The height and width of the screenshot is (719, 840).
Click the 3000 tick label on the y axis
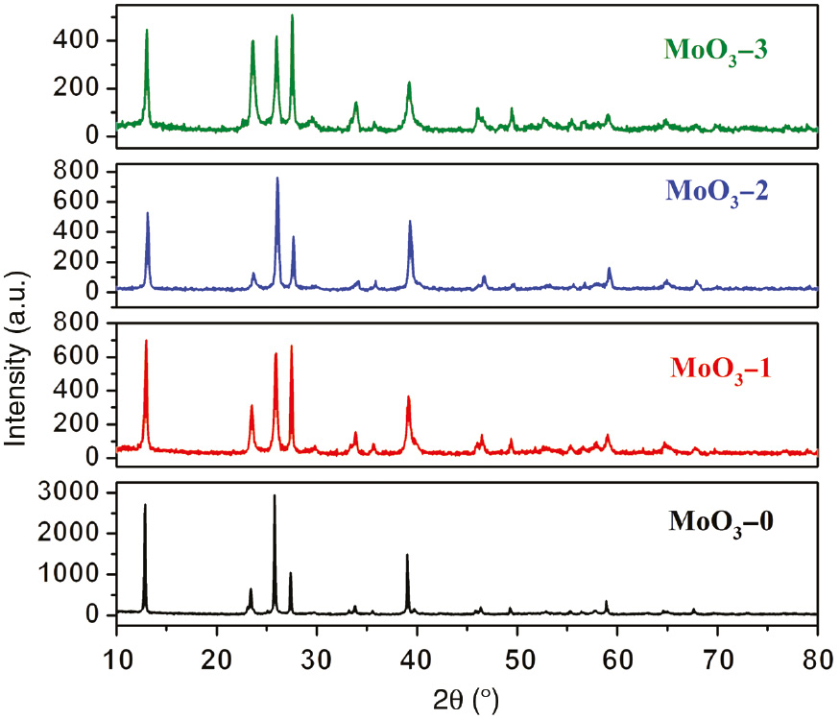82,492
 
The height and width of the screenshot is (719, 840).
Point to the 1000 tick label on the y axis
82,574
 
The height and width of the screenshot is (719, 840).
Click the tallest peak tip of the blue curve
277,178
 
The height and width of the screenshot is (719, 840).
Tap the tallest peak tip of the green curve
292,15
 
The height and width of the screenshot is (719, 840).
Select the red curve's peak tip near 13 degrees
146,341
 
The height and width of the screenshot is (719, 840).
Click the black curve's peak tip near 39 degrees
407,555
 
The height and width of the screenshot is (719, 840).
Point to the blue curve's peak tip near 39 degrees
410,222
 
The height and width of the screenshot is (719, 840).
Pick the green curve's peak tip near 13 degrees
147,30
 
